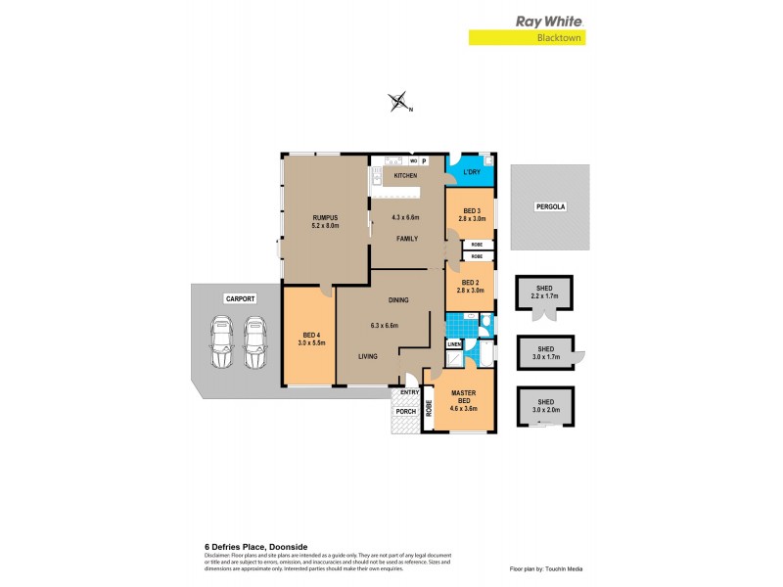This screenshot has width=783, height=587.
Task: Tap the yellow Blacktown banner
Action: pos(531,38)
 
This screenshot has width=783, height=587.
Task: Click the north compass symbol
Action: pos(398,103)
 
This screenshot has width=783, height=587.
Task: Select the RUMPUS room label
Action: pos(325,218)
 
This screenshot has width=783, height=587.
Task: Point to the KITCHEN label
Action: pos(405,176)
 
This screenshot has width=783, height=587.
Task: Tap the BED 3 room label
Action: pos(471,211)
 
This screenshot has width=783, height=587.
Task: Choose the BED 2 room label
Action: pos(471,285)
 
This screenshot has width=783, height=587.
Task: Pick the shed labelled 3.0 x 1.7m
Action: pos(545,350)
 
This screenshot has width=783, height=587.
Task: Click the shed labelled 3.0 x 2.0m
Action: pos(545,404)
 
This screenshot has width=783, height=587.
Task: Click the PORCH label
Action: pos(405,412)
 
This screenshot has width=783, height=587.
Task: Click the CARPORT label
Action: pos(239,297)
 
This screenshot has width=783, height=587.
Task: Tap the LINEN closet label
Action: pos(454,345)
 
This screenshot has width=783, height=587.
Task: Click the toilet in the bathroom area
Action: pos(487,326)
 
